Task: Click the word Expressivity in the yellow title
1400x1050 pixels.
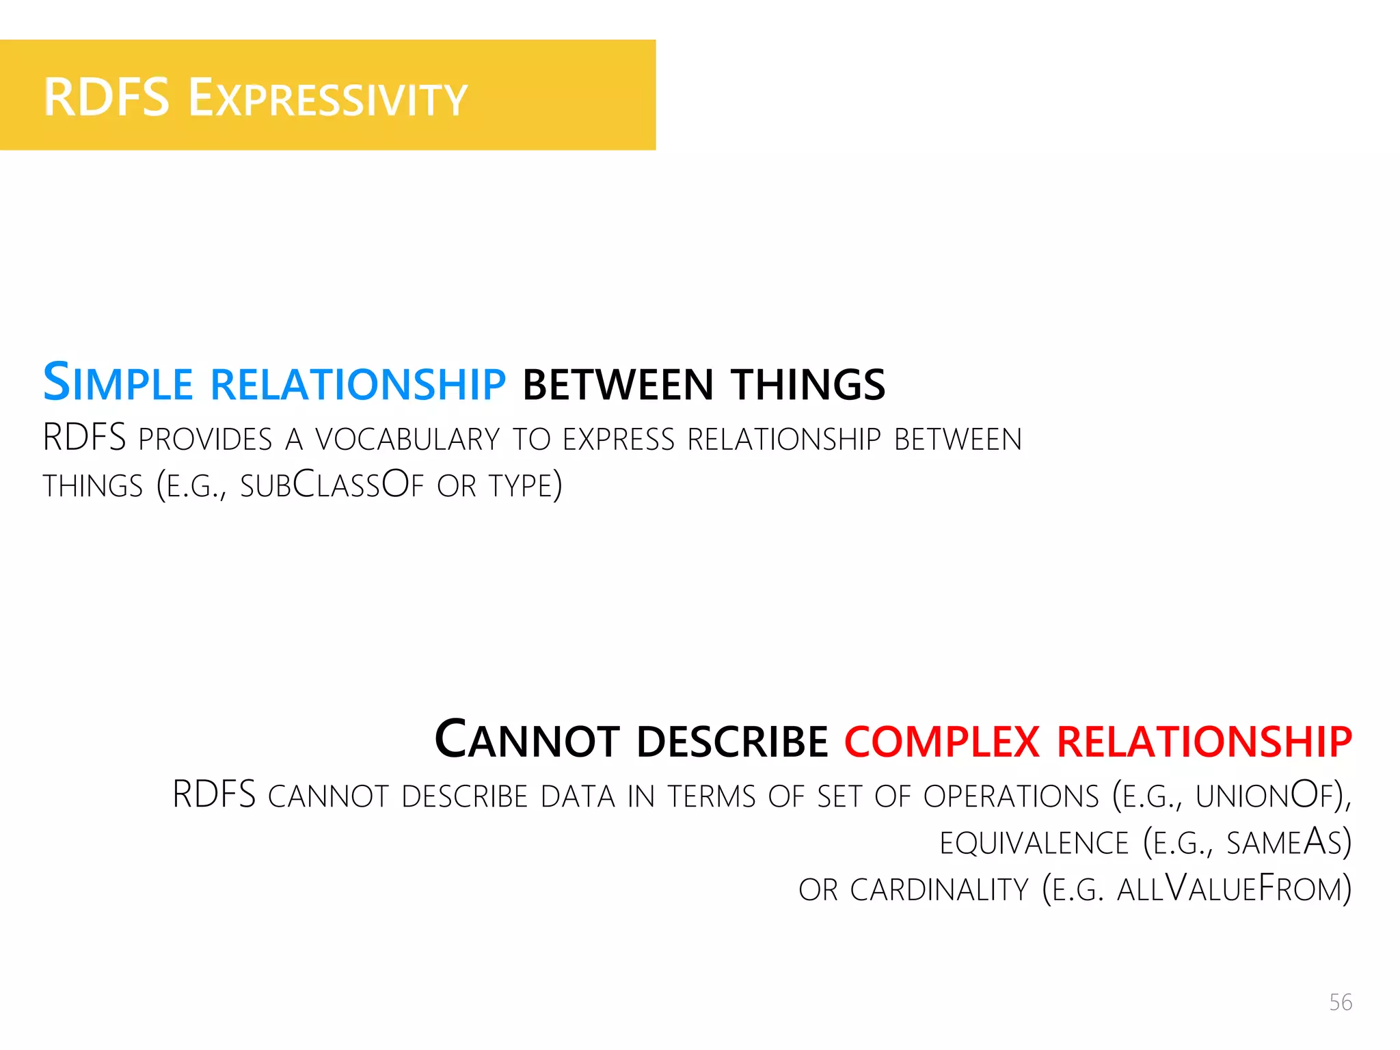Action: (327, 98)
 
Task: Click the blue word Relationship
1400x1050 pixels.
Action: (358, 384)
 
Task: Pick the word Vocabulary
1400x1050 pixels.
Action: (407, 440)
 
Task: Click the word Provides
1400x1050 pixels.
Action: (205, 440)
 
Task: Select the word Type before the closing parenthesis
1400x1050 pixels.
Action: (521, 486)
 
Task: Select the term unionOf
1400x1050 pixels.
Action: (1265, 796)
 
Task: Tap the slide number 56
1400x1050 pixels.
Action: (1341, 1002)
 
